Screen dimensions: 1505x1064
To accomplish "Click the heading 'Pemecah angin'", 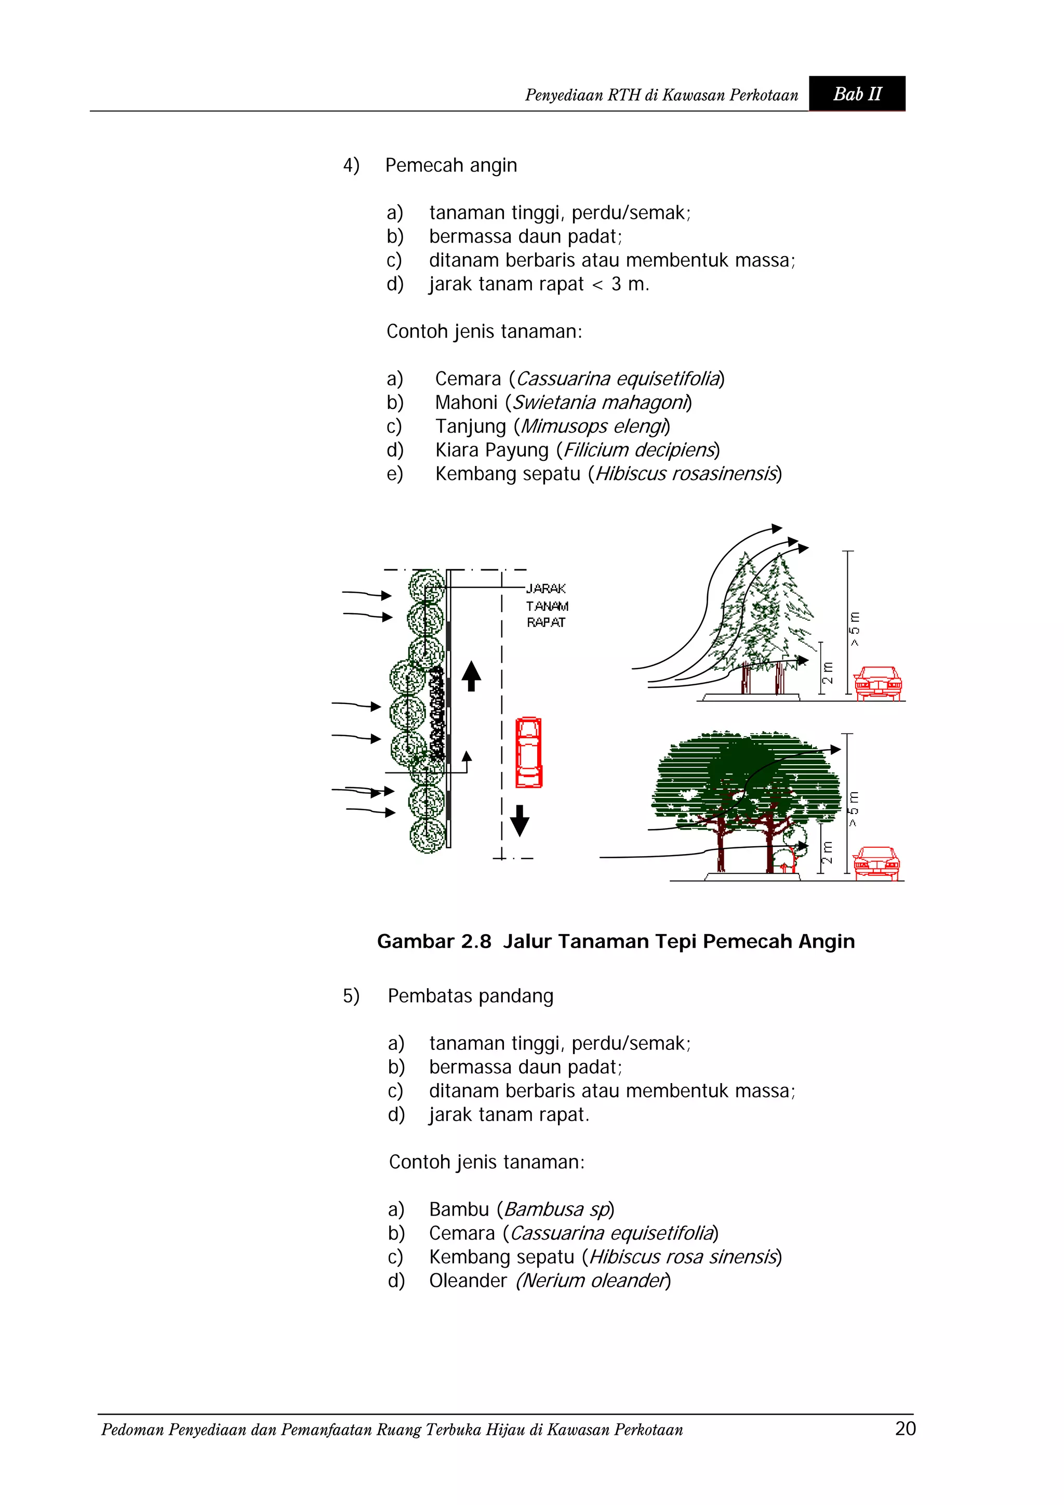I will [x=450, y=165].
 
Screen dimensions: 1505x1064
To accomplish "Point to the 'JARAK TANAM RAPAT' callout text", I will [x=546, y=606].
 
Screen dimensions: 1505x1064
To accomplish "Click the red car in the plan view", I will [x=528, y=752].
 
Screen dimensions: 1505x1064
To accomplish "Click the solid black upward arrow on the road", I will [x=471, y=676].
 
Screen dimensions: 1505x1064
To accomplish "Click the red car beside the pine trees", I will [x=878, y=683].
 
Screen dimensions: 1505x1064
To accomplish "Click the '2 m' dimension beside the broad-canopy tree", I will [x=827, y=852].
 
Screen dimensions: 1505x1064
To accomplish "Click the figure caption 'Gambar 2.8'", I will [x=433, y=942].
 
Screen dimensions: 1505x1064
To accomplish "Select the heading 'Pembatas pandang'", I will [x=470, y=996].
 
